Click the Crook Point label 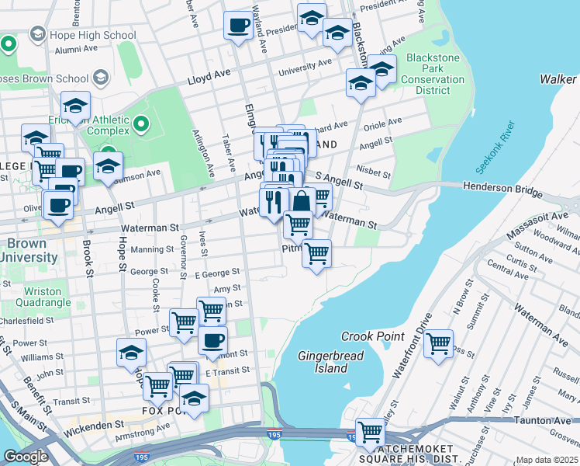[373, 336]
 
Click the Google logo [26, 456]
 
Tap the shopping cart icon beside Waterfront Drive [439, 343]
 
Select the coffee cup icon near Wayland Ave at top [238, 24]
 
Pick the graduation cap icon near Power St [132, 353]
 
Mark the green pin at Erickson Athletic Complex [140, 123]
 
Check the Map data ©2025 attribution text [547, 460]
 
